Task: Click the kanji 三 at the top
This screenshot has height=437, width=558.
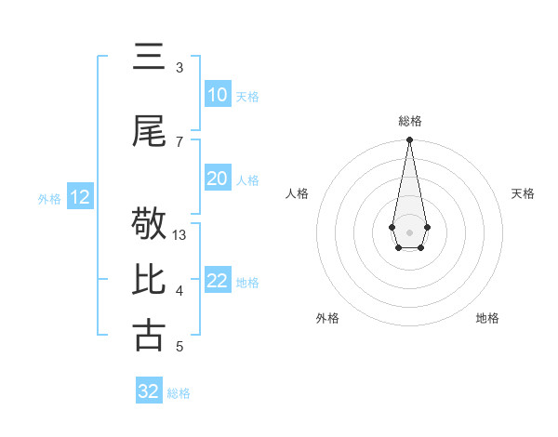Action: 149,58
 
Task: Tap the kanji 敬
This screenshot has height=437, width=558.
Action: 149,224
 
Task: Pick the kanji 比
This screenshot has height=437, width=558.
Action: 149,280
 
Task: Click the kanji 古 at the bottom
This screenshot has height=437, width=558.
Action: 149,336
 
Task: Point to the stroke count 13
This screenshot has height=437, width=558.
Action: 179,235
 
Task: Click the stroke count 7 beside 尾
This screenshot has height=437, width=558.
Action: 179,141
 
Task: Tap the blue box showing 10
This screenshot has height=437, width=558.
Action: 217,95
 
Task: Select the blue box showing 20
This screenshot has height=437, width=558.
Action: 217,179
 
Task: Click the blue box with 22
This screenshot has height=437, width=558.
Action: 217,281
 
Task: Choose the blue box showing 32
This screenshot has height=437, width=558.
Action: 149,391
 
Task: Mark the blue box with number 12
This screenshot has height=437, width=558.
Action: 79,197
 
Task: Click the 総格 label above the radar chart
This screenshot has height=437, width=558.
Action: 409,121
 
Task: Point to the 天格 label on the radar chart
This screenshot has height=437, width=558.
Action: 523,193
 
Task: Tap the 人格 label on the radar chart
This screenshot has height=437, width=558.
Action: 297,193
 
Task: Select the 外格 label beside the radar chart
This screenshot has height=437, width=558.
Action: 327,319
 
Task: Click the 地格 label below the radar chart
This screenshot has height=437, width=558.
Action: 487,319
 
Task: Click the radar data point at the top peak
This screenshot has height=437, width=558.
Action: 409,140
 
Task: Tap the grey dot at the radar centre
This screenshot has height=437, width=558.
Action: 409,232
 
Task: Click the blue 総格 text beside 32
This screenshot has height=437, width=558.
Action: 179,393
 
